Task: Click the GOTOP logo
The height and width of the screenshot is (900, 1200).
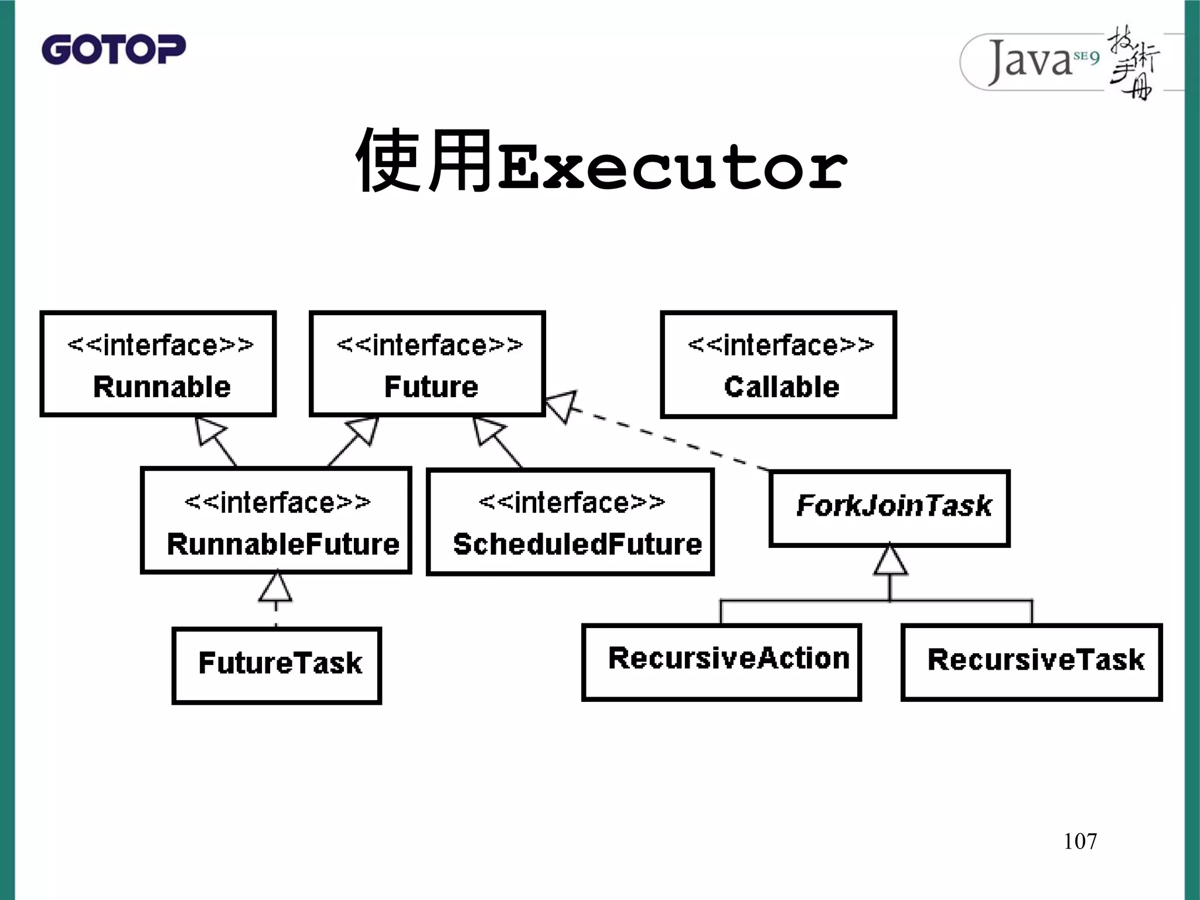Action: (114, 49)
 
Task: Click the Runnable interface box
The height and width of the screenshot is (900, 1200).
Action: (158, 364)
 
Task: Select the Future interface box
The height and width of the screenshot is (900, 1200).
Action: (428, 364)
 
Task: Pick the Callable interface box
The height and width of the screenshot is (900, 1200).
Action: (778, 364)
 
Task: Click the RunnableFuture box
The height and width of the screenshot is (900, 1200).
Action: (276, 520)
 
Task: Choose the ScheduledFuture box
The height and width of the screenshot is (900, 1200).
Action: (570, 521)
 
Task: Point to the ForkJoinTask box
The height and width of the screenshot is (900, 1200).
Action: (889, 508)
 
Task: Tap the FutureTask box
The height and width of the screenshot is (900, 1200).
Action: (277, 665)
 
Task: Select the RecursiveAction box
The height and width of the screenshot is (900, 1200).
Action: (721, 662)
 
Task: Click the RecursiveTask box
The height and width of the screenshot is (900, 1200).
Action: (1031, 662)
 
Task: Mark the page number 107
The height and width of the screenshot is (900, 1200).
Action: (1080, 841)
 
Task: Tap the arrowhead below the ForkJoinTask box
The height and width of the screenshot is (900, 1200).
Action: (891, 560)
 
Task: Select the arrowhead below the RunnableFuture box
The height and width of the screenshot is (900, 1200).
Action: (275, 588)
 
